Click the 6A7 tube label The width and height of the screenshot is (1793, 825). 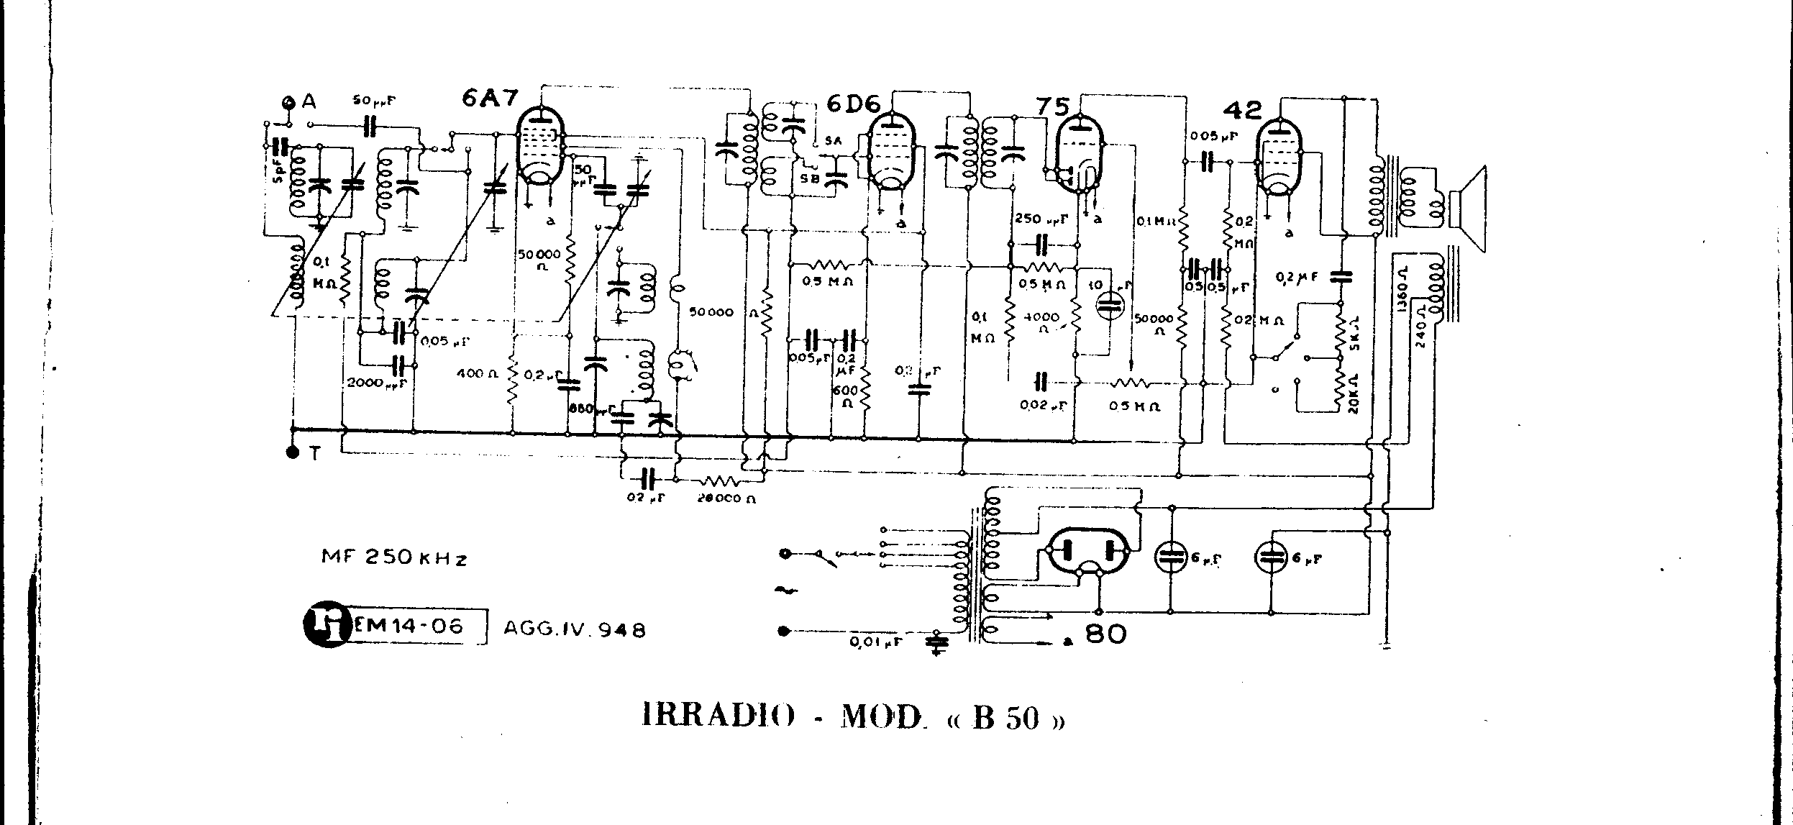pos(490,99)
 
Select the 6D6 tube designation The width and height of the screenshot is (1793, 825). pos(853,104)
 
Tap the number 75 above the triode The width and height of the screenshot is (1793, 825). pos(1051,106)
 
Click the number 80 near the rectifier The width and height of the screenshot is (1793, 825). pos(1105,634)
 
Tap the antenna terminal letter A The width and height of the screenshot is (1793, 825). pos(309,101)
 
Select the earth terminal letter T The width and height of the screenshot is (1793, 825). pos(314,453)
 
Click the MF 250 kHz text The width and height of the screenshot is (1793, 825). pos(394,557)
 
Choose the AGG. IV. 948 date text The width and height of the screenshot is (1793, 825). pos(574,630)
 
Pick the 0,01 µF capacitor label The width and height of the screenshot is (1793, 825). pos(876,642)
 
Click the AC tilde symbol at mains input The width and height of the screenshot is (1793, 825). pos(783,591)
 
